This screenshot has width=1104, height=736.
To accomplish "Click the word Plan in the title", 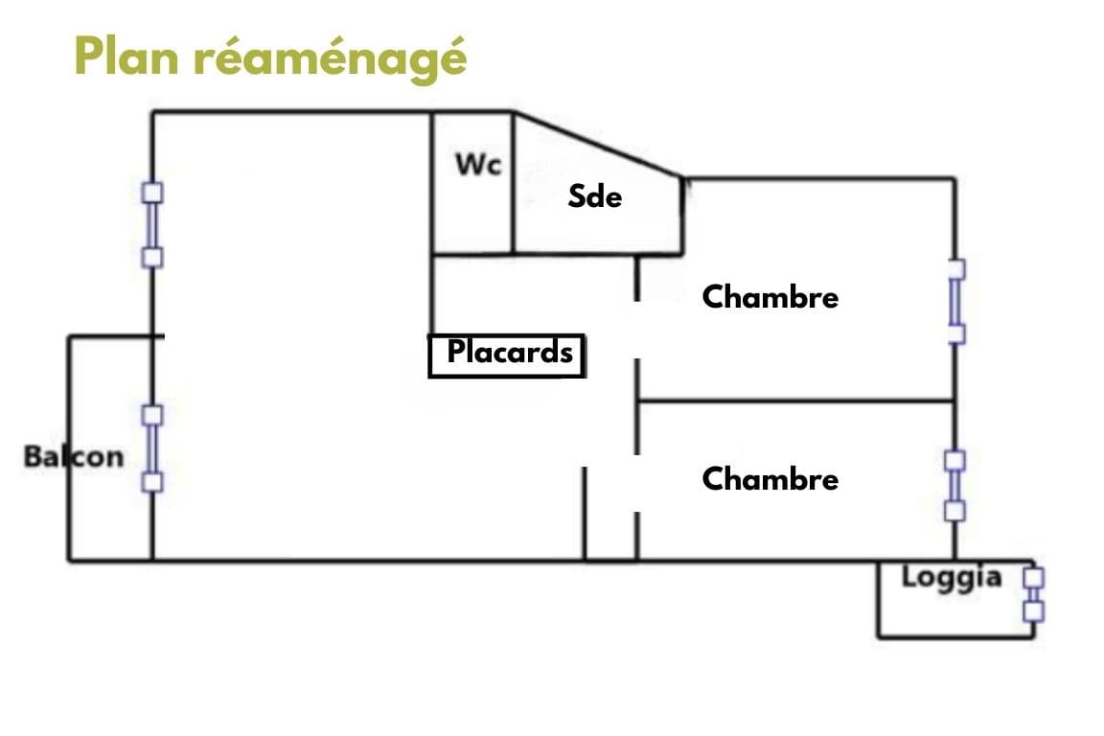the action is coord(126,57).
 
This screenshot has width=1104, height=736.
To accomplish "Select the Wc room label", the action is coord(478,164).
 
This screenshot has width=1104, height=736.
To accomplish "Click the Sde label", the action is coord(595,195).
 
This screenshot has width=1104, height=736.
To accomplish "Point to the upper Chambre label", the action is coord(770,296).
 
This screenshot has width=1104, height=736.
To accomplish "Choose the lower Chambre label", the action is coord(770,479).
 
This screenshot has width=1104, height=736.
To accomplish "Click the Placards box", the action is coord(507,356).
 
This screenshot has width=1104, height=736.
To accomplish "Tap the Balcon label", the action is coord(74,456).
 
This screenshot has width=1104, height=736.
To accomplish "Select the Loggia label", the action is coord(952,578).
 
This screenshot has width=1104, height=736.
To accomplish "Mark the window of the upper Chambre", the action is coord(955,302).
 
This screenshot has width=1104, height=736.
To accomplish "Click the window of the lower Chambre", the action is coord(954,486).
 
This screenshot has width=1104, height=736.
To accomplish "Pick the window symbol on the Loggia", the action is coord(1033,595).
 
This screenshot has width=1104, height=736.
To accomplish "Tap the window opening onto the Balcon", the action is coord(152,448).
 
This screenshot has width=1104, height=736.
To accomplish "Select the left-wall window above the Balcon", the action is coord(152,225).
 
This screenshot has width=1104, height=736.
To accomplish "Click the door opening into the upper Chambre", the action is coord(636,330).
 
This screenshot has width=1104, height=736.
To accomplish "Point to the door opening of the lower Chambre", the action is coord(636,483).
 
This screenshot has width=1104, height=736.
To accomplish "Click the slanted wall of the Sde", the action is coord(598,145).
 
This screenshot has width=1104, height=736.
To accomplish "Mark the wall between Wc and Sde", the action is coord(514,183).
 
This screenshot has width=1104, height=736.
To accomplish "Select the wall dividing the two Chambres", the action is coord(795,401).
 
